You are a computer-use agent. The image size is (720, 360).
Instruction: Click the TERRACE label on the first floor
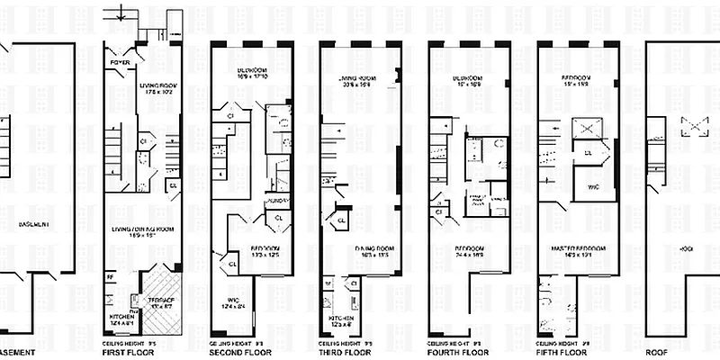(x=163, y=297)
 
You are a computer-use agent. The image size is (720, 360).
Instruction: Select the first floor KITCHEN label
(x=122, y=317)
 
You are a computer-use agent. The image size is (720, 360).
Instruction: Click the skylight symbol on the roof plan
(x=692, y=128)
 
